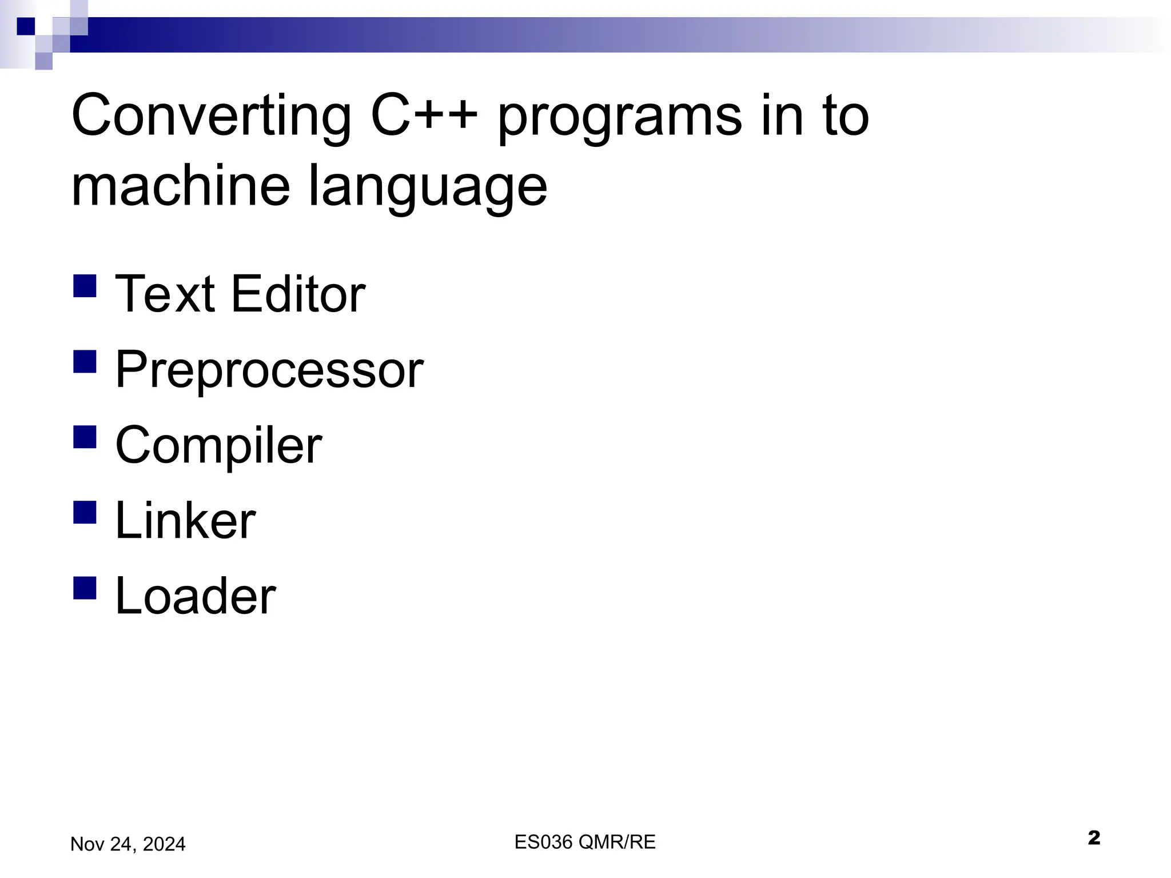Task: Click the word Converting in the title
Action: click(211, 117)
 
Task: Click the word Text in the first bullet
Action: click(165, 294)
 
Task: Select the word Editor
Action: click(298, 294)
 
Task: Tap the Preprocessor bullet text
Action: click(269, 370)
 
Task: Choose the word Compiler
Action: click(218, 446)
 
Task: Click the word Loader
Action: click(196, 596)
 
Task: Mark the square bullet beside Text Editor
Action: click(85, 286)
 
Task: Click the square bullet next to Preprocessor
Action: click(85, 361)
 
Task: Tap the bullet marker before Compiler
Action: click(85, 437)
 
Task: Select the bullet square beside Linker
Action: click(85, 512)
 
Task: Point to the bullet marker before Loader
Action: click(85, 587)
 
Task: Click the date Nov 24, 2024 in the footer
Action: click(128, 844)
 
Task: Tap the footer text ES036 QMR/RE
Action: click(585, 842)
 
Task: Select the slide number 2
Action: click(1094, 838)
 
